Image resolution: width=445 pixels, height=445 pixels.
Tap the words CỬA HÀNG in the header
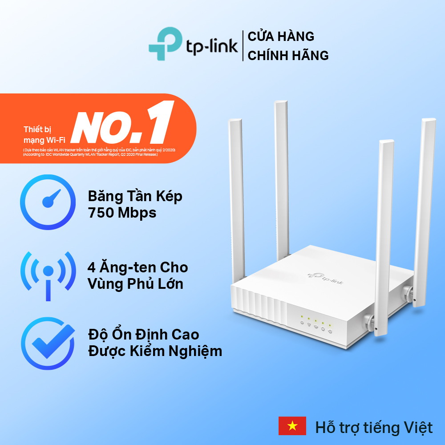click(281, 36)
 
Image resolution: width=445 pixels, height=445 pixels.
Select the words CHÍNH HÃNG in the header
click(288, 55)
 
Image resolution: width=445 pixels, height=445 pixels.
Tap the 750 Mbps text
click(122, 213)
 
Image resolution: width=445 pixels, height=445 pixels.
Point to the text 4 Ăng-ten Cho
click(138, 267)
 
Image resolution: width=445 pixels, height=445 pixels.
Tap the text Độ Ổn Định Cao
click(143, 334)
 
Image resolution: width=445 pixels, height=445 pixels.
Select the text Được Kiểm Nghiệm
click(155, 351)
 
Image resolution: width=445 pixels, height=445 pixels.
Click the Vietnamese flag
click(292, 426)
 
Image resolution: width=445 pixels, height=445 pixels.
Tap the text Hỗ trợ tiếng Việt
click(374, 428)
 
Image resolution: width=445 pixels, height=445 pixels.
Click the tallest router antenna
click(282, 178)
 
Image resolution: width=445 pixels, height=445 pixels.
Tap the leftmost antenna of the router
click(237, 196)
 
